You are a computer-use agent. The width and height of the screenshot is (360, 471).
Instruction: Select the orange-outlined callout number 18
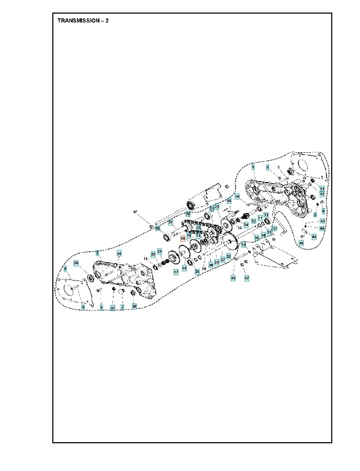(183, 238)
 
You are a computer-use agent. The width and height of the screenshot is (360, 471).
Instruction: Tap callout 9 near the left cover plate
(65, 269)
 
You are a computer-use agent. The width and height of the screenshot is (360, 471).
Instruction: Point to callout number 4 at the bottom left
(83, 307)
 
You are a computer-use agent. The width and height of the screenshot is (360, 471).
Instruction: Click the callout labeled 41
(112, 307)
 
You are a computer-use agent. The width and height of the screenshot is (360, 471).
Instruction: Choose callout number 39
(76, 263)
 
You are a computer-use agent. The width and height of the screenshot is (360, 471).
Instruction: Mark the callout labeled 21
(160, 252)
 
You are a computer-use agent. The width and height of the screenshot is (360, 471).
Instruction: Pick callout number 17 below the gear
(176, 273)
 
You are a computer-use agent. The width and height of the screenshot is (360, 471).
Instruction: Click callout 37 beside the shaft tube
(170, 222)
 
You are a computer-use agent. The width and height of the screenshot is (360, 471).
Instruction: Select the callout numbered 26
(187, 214)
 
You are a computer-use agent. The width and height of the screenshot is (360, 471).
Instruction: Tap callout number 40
(229, 200)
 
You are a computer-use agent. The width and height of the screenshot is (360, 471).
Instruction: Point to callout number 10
(237, 197)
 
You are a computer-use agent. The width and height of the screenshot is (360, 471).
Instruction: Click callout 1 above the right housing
(253, 166)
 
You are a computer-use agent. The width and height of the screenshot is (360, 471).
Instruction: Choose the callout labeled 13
(322, 188)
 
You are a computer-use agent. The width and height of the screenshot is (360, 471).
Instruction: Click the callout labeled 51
(274, 229)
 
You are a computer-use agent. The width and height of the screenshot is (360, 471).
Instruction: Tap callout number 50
(244, 244)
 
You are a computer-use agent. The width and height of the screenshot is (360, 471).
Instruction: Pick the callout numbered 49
(233, 278)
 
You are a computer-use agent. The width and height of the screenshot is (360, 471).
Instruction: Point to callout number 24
(245, 225)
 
